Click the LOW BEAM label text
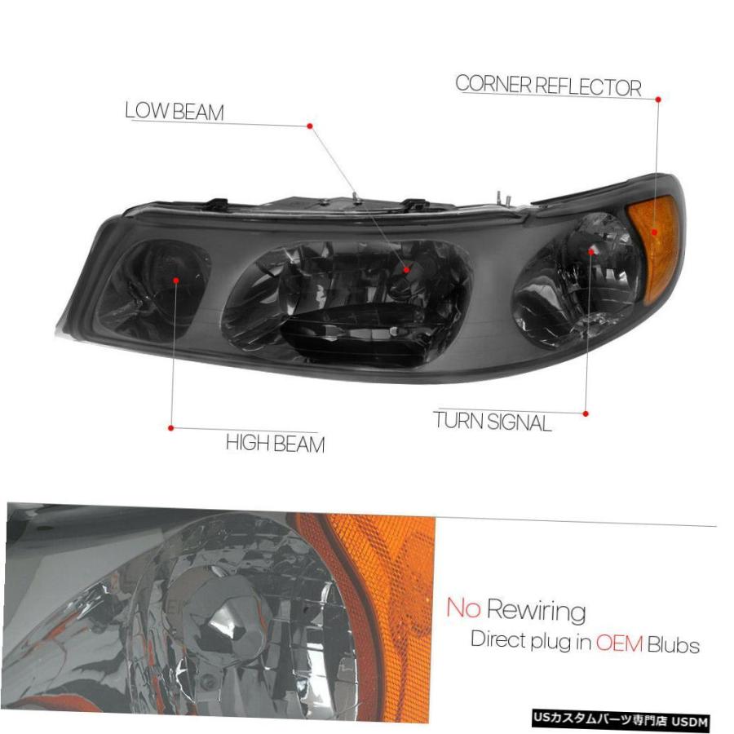(x=175, y=112)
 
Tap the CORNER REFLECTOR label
(x=548, y=86)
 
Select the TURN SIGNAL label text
(x=492, y=422)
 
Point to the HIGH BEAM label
(x=276, y=443)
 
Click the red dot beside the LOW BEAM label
(x=309, y=126)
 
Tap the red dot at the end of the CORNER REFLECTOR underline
(x=658, y=99)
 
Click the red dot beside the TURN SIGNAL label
(x=586, y=413)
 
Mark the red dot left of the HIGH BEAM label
(x=171, y=428)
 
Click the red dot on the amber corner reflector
(x=654, y=232)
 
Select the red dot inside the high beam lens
(x=176, y=281)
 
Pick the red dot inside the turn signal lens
(x=591, y=252)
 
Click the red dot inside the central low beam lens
(x=407, y=270)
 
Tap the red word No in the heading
(x=463, y=608)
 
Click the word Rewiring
(x=537, y=611)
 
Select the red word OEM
(x=619, y=644)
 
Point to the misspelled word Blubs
(x=674, y=645)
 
